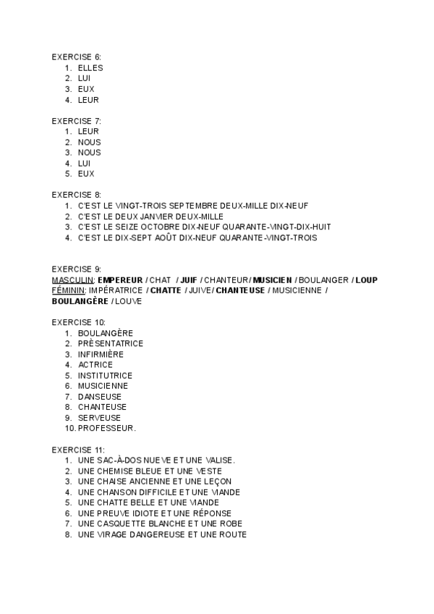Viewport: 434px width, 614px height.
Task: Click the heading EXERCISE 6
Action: tap(77, 56)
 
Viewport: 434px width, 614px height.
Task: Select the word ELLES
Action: tap(90, 68)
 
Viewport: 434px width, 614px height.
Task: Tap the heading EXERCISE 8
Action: tap(77, 195)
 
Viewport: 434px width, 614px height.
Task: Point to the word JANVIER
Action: tap(160, 216)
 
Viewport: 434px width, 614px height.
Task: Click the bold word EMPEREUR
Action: tap(120, 280)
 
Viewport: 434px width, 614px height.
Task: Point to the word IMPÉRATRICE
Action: tap(116, 290)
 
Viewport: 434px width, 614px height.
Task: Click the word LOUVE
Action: tap(128, 301)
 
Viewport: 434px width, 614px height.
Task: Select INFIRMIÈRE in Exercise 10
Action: tap(101, 354)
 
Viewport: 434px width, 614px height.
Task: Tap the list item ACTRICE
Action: tap(95, 365)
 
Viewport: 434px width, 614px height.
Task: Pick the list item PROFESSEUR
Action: tap(107, 428)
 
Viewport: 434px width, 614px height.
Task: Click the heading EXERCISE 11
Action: tap(78, 449)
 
